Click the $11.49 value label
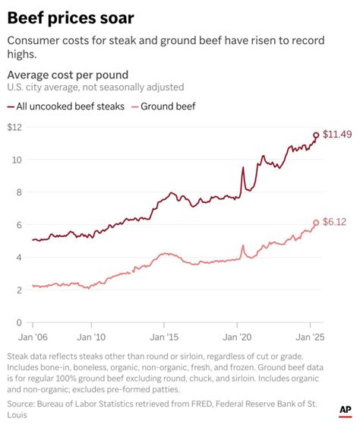tap(337, 135)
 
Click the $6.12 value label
tap(335, 223)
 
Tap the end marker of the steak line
tap(316, 135)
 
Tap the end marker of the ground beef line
tap(316, 223)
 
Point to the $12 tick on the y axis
tap(14, 127)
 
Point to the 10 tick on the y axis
tap(16, 160)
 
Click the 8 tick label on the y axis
tap(18, 192)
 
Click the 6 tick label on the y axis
tap(18, 225)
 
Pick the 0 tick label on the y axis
tap(18, 323)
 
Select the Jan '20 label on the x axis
tap(239, 336)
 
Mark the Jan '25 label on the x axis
tap(308, 336)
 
